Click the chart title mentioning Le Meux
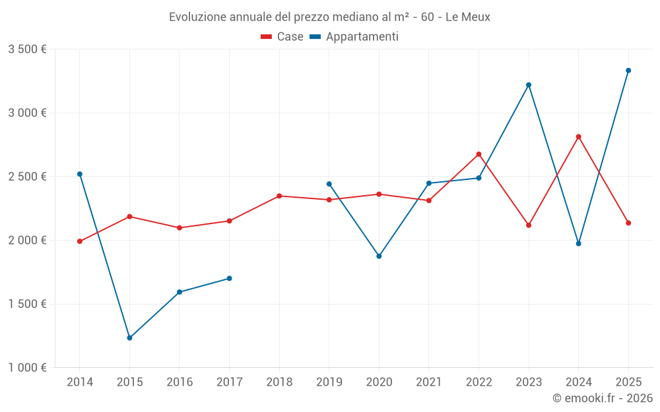(x=329, y=17)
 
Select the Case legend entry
(x=282, y=37)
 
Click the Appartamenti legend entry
(x=354, y=37)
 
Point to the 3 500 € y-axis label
(x=27, y=49)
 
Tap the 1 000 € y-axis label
(x=27, y=368)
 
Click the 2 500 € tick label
(x=27, y=177)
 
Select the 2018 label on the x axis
(x=279, y=382)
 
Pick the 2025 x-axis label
(x=628, y=382)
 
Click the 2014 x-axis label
(x=80, y=382)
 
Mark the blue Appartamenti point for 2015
(x=129, y=338)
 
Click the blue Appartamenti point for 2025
(x=628, y=71)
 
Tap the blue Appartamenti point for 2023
(x=529, y=85)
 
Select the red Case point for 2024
(x=579, y=137)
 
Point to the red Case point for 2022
(x=478, y=154)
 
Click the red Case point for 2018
(x=279, y=196)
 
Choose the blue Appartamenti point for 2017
(x=229, y=278)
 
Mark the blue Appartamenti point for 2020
(x=379, y=256)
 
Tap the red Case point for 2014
(x=80, y=241)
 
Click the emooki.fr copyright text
(x=602, y=398)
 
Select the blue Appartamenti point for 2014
(x=80, y=174)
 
